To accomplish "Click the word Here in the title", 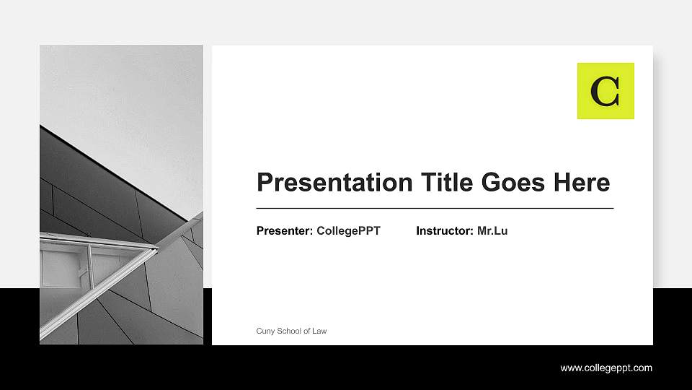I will tap(581, 182).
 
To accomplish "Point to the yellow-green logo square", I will tap(605, 90).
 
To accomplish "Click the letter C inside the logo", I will tap(605, 91).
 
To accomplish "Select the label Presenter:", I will tap(285, 231).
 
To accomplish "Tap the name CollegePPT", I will tap(348, 231).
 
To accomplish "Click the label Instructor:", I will tap(445, 231).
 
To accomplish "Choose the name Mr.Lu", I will tap(492, 231).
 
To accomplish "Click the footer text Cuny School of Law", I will tap(291, 331).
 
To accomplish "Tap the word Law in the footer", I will tap(319, 331).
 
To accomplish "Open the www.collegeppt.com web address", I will tap(606, 368).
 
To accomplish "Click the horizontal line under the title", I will tap(435, 208).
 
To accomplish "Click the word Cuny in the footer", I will tap(265, 331).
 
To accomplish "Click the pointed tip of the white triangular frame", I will tap(157, 247).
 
